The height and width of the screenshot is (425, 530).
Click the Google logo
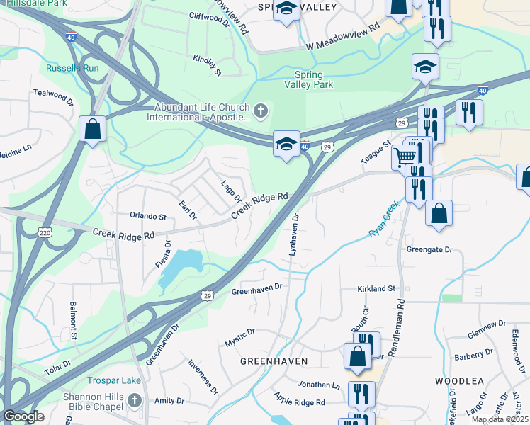[x=23, y=416]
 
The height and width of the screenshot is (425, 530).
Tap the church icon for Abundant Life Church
[x=261, y=110]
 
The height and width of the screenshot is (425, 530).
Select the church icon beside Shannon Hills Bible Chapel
[x=135, y=402]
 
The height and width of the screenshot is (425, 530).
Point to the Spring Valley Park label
[x=308, y=79]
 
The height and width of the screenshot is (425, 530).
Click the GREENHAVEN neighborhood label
[x=274, y=361]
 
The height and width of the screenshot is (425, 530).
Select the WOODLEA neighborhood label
[x=459, y=381]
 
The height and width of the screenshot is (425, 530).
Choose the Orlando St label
[x=147, y=216]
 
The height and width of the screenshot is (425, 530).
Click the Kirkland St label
[x=376, y=289]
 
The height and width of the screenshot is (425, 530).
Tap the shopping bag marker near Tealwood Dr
[x=92, y=129]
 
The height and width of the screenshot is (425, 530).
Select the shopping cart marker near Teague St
[x=405, y=155]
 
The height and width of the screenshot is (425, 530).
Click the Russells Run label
[x=72, y=69]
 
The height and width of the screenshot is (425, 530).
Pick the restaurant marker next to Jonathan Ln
[x=362, y=394]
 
